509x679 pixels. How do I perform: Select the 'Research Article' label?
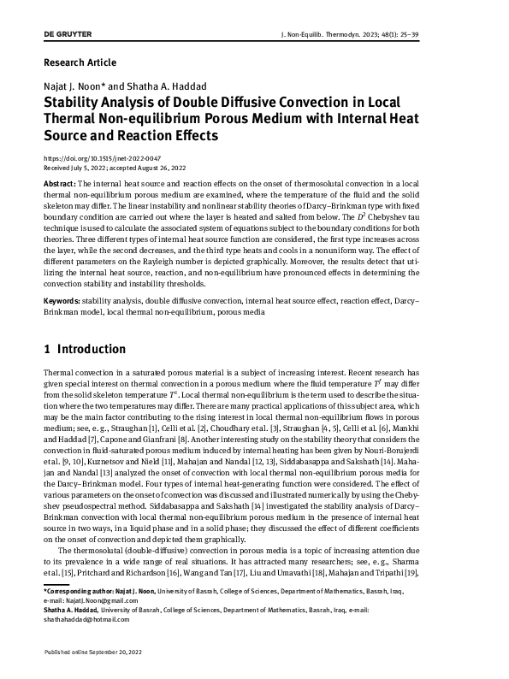tap(80, 62)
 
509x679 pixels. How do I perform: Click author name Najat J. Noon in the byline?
tap(73, 86)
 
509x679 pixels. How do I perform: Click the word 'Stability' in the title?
tap(74, 102)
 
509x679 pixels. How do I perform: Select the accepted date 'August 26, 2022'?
tap(161, 168)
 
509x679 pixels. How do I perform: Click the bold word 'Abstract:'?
tap(60, 185)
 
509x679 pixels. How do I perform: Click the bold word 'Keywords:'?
tap(62, 302)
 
